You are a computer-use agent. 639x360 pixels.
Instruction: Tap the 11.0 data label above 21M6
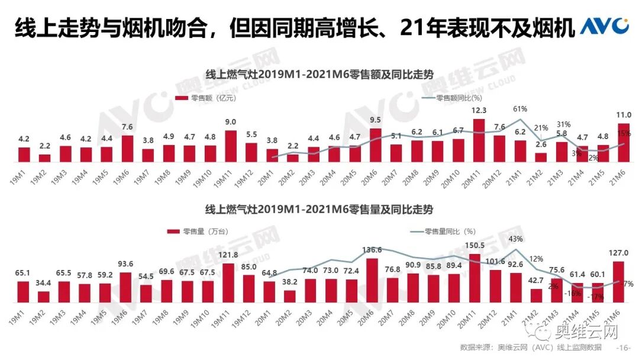(624, 115)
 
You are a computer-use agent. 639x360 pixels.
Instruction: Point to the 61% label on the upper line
(520, 109)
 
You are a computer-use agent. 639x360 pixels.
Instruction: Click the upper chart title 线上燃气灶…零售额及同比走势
(319, 75)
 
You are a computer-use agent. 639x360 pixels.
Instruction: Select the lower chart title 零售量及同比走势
(319, 210)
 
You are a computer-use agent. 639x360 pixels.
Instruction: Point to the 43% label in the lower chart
(515, 239)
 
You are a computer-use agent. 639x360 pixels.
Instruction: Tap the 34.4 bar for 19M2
(44, 297)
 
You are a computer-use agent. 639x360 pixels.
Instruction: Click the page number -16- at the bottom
(624, 348)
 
